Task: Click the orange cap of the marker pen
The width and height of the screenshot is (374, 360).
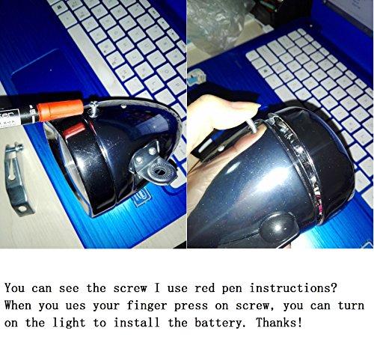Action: click(x=61, y=110)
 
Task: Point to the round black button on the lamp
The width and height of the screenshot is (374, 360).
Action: click(x=278, y=226)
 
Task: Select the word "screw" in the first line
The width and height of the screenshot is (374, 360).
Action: click(x=130, y=288)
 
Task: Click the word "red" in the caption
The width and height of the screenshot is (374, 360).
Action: click(x=204, y=288)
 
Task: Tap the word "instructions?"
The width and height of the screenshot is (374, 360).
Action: click(x=293, y=288)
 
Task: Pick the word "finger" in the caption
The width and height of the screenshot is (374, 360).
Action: click(x=147, y=306)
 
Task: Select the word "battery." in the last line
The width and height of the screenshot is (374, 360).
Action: click(x=218, y=323)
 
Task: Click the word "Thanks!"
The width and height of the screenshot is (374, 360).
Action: click(x=279, y=323)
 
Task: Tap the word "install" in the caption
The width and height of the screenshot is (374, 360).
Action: click(x=136, y=323)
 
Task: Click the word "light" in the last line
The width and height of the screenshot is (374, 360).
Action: click(x=69, y=323)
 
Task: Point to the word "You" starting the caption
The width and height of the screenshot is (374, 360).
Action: click(x=14, y=288)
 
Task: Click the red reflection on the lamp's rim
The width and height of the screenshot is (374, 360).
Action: click(x=74, y=130)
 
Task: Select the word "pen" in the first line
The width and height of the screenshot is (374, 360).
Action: click(x=232, y=289)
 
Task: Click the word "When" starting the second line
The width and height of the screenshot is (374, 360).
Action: click(x=18, y=305)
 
